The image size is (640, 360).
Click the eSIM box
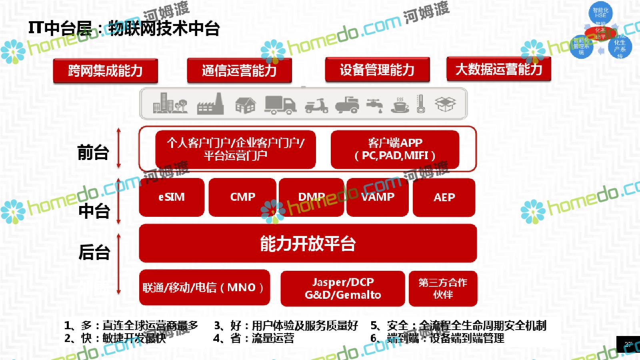pyautogui.click(x=172, y=197)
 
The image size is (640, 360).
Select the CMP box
pyautogui.click(x=242, y=197)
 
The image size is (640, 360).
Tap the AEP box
pyautogui.click(x=444, y=198)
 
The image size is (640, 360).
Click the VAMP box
pyautogui.click(x=378, y=197)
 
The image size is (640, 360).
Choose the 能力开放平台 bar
pyautogui.click(x=308, y=244)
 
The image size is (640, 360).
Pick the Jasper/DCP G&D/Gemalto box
pyautogui.click(x=343, y=288)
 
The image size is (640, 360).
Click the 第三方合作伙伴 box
pyautogui.click(x=443, y=288)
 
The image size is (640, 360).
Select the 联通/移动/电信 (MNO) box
pyautogui.click(x=204, y=288)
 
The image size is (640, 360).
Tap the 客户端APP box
pyautogui.click(x=395, y=149)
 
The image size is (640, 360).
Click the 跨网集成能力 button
pyautogui.click(x=105, y=71)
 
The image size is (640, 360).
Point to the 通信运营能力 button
pyautogui.click(x=239, y=71)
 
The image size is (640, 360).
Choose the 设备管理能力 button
pyautogui.click(x=377, y=70)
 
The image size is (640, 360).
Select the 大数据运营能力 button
pyautogui.click(x=499, y=69)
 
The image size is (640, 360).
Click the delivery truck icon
pyautogui.click(x=280, y=104)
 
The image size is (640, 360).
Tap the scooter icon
pyautogui.click(x=316, y=106)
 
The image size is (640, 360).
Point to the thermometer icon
pyautogui.click(x=420, y=104)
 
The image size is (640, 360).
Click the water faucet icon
pyautogui.click(x=375, y=105)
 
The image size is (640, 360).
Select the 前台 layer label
pyautogui.click(x=93, y=152)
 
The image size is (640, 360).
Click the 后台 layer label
pyautogui.click(x=94, y=252)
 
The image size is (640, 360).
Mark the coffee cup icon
pyautogui.click(x=400, y=105)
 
